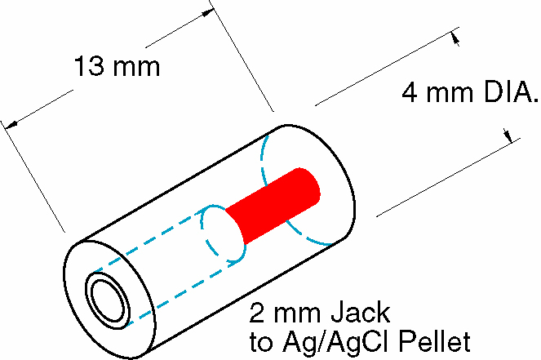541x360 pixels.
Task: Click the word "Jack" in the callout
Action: [362, 313]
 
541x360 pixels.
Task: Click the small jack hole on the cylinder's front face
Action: [108, 300]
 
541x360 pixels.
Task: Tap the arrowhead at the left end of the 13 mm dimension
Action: [10, 124]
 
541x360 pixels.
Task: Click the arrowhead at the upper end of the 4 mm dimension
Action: [455, 37]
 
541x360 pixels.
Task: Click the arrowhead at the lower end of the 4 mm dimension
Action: [511, 136]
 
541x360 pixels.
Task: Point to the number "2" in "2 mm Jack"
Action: [256, 313]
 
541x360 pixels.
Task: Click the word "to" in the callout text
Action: [261, 338]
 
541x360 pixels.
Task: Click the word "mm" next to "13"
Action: [136, 67]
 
